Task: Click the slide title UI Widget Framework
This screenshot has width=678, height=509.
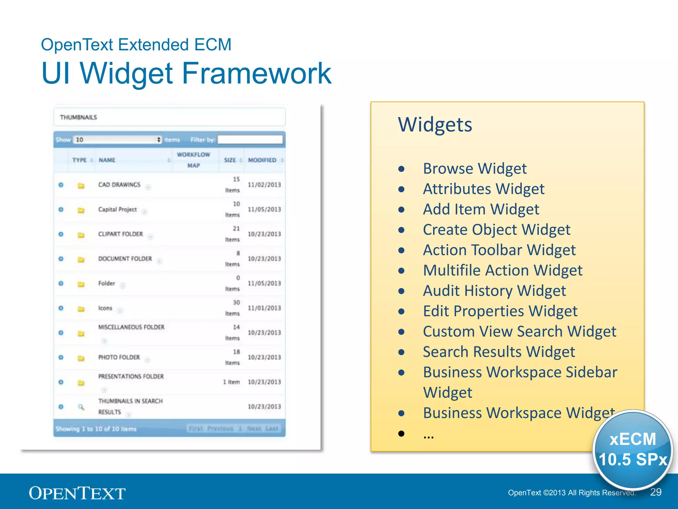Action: click(186, 73)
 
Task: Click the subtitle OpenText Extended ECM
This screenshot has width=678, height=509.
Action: click(136, 45)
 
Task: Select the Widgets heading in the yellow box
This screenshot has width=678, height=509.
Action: click(435, 125)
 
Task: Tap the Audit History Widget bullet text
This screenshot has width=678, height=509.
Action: click(494, 291)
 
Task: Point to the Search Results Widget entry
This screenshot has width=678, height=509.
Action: click(499, 352)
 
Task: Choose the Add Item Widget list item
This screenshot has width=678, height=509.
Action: click(481, 209)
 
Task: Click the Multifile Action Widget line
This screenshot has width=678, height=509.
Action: click(502, 270)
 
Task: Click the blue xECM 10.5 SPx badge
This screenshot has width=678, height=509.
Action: click(633, 449)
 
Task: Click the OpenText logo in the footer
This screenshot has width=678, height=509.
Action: click(77, 493)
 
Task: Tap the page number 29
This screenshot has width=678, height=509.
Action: click(655, 492)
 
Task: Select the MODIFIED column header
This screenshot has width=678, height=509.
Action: click(262, 160)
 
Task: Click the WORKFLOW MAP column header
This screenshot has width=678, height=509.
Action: click(194, 160)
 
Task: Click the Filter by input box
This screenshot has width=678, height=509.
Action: click(250, 140)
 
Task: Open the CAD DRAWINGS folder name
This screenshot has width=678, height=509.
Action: click(119, 185)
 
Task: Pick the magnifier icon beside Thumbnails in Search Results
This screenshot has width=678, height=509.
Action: click(81, 407)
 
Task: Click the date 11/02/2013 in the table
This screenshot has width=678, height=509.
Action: click(264, 185)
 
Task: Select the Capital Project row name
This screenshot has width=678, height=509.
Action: click(117, 209)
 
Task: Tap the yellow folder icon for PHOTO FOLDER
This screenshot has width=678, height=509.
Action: click(81, 358)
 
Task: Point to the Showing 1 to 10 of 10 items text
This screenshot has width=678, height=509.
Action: click(96, 429)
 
